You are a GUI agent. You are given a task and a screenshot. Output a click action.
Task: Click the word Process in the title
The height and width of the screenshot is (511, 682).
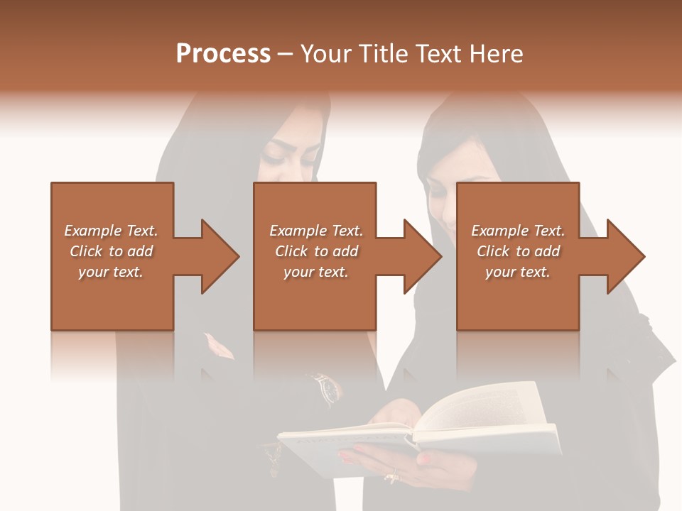click(223, 54)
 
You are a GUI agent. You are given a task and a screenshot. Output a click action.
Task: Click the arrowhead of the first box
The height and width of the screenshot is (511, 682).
click(220, 256)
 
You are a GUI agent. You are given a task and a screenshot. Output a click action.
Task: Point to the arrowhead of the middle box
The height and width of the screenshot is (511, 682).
click(422, 256)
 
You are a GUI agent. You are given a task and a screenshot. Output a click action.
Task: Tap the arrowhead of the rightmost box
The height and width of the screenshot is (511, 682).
click(625, 256)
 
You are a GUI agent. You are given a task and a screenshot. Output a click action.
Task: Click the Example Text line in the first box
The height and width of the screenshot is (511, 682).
click(111, 231)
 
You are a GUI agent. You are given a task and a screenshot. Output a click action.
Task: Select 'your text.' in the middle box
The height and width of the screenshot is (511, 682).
click(315, 272)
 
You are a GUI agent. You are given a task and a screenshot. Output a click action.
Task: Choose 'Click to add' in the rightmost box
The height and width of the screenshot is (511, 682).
click(518, 251)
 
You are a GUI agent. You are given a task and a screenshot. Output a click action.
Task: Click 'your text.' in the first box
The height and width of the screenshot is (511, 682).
click(111, 272)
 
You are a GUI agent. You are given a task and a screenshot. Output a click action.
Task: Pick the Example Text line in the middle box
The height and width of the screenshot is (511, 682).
click(315, 231)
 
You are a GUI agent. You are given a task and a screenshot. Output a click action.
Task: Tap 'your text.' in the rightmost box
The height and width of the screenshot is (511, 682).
click(518, 272)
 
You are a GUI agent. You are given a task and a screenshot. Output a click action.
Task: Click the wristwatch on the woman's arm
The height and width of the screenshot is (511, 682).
click(328, 387)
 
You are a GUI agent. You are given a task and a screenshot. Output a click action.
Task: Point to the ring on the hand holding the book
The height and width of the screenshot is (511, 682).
click(391, 476)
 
